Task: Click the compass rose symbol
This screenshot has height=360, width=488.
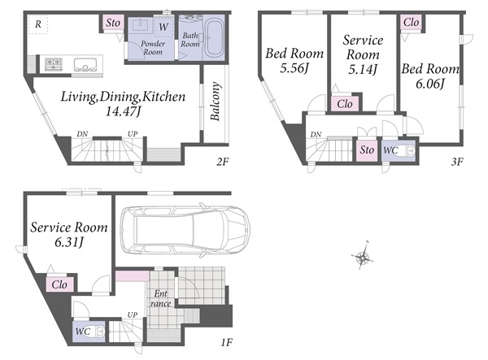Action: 363,257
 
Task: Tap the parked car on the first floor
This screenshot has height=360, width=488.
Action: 185,230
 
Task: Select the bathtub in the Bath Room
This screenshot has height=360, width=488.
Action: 215,38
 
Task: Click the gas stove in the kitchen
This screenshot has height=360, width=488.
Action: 54,64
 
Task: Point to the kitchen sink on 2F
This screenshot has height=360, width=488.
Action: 85,65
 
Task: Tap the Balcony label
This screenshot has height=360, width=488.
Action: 216,101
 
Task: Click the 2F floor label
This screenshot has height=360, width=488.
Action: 223,162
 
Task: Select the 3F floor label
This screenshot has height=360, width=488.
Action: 457,162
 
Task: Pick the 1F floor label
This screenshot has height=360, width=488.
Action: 227,343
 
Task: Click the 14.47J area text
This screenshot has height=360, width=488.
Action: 124,111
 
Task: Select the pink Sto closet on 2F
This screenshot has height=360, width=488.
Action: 113,23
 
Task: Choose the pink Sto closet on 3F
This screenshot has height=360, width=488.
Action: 367,150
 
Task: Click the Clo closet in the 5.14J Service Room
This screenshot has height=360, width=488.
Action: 345,104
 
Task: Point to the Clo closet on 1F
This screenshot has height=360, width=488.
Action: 59,284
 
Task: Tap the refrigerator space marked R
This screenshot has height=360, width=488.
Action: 37,24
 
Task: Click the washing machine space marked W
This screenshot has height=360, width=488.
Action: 163,28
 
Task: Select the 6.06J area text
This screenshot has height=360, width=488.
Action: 430,84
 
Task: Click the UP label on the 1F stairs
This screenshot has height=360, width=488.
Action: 133,314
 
